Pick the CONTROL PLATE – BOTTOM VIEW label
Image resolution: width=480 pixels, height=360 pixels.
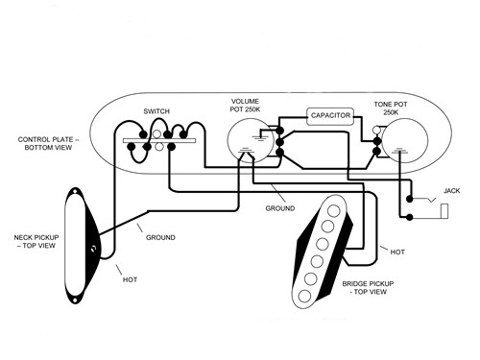point(45,145)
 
